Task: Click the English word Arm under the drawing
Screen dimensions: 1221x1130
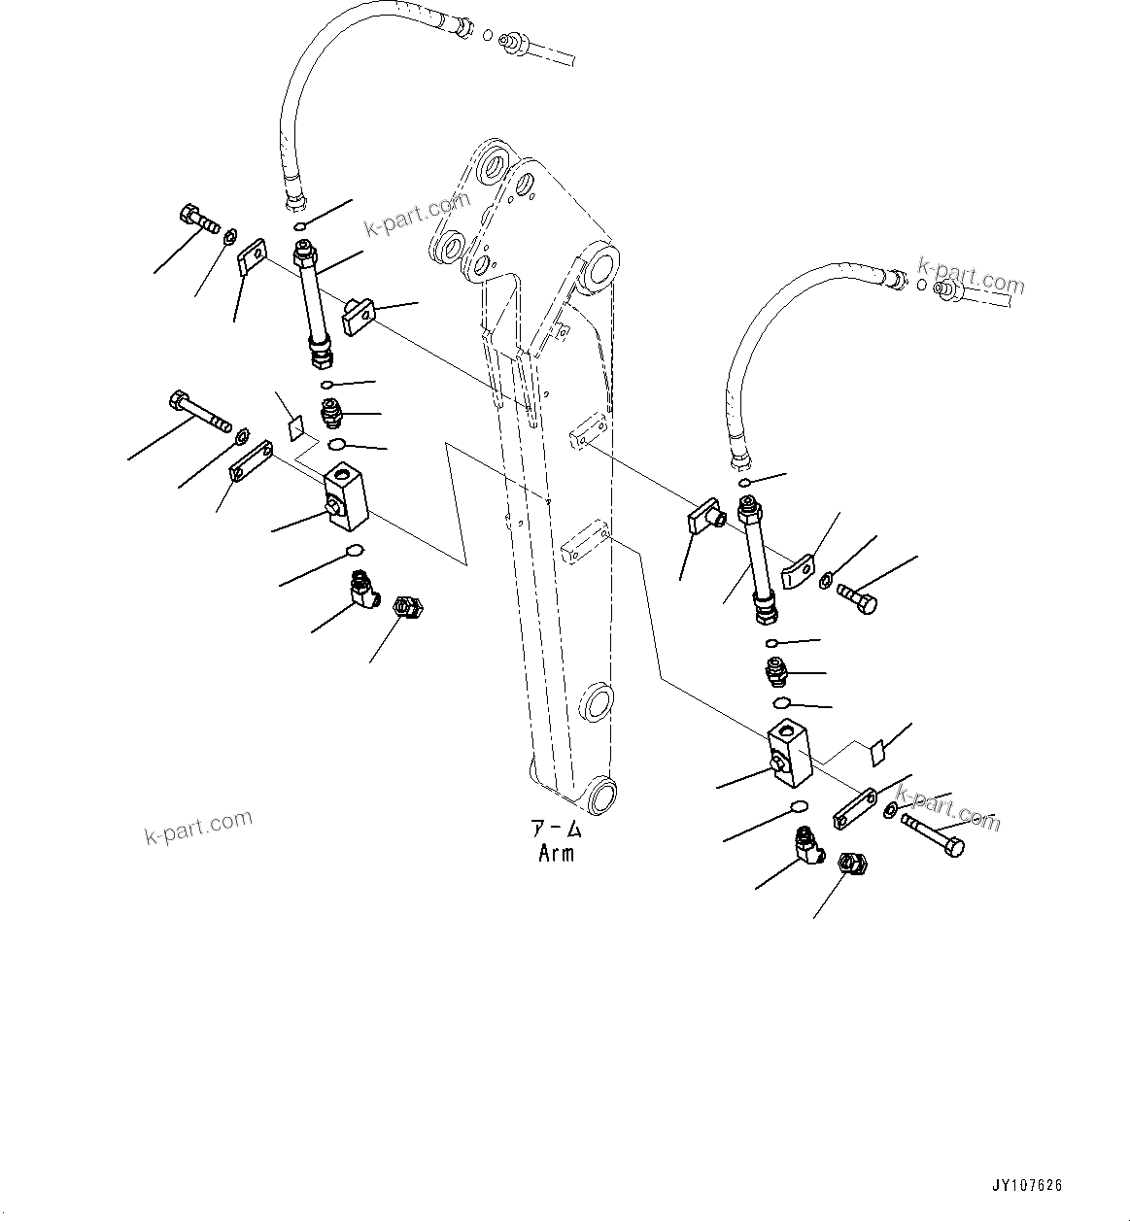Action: point(556,854)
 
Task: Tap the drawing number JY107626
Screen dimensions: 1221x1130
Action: point(1027,1186)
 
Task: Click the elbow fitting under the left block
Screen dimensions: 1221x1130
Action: point(363,590)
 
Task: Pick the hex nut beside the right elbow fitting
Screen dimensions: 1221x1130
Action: point(852,862)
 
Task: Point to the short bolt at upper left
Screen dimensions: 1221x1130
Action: point(198,219)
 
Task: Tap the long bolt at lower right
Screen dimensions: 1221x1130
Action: point(934,834)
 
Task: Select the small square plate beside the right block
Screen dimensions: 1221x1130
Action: point(876,751)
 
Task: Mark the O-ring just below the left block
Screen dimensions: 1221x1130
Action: point(355,553)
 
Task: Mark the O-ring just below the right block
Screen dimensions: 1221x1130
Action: point(799,806)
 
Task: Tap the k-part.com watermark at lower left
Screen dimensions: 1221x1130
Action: point(198,827)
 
